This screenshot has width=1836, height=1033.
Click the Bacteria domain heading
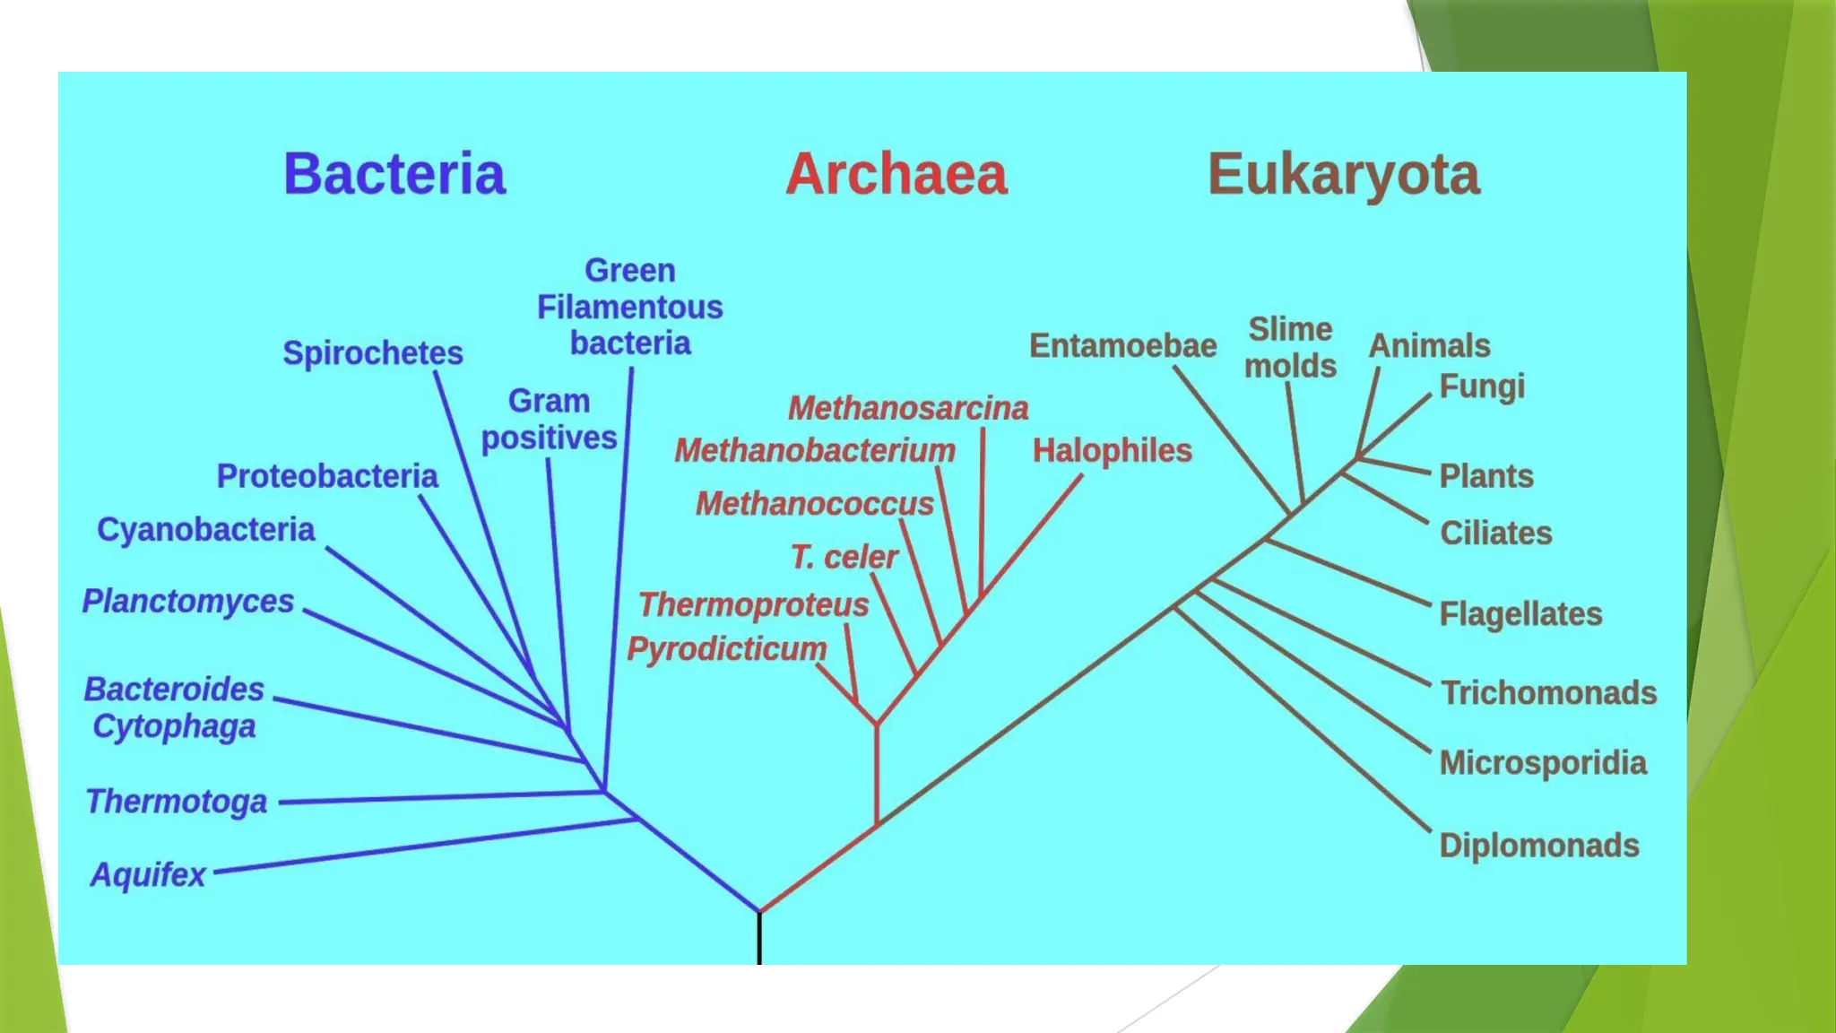[394, 174]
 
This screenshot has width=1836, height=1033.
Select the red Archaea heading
[896, 174]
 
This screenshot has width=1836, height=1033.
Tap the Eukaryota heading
[1343, 174]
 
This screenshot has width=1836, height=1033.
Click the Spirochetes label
[373, 352]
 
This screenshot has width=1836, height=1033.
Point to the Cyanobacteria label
[205, 529]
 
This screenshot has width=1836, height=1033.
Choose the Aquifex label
[148, 874]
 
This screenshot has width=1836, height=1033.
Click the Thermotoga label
[177, 801]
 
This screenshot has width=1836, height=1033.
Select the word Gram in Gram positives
[549, 401]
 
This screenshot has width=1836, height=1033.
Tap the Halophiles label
[1112, 450]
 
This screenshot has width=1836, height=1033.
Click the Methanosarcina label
[907, 408]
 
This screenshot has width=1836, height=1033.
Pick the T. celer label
[844, 557]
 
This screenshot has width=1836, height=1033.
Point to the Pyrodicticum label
[726, 648]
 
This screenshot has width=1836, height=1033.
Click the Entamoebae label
[1122, 345]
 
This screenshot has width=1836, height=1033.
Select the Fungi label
[1481, 386]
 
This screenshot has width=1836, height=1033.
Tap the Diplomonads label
[1538, 845]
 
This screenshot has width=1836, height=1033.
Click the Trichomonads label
[1548, 692]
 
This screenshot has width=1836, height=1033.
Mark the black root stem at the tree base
[759, 940]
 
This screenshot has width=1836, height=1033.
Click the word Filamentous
[629, 308]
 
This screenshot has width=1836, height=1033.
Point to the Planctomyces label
[188, 601]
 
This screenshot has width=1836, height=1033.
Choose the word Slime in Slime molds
[1290, 329]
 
